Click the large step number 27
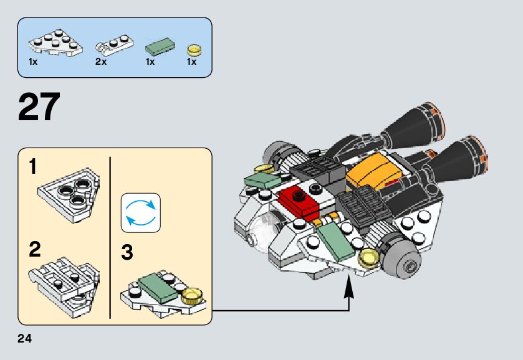click(x=40, y=107)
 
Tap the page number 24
click(x=25, y=338)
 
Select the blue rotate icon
click(x=140, y=212)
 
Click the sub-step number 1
click(x=33, y=167)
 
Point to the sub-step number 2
click(x=34, y=250)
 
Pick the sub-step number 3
click(x=127, y=253)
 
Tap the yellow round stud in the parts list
click(x=194, y=49)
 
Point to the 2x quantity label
click(x=101, y=62)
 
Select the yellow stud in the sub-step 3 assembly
click(x=194, y=293)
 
